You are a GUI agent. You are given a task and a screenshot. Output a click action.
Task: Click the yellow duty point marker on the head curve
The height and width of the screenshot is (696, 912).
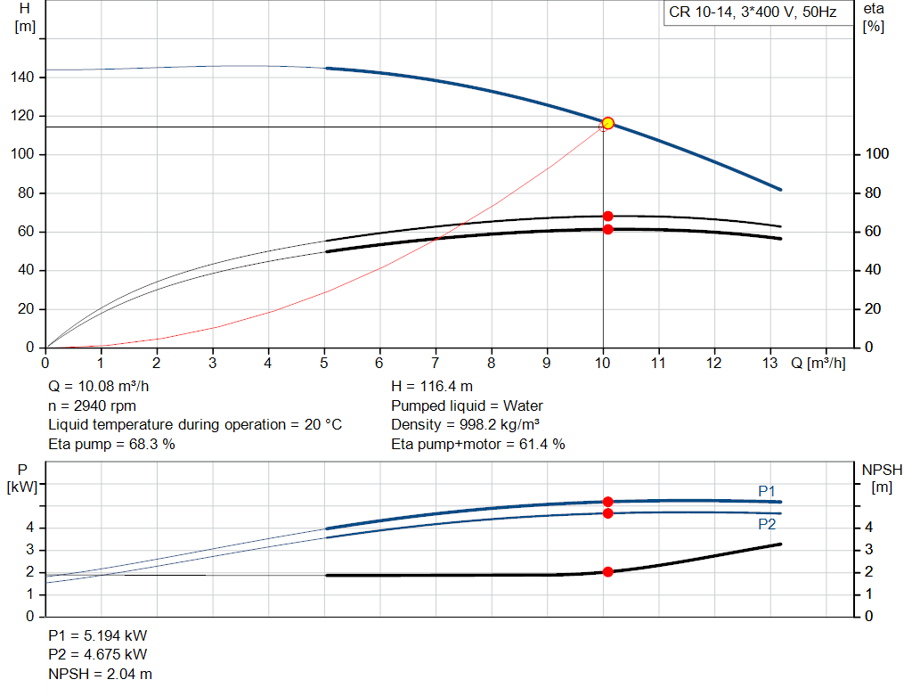pos(607,123)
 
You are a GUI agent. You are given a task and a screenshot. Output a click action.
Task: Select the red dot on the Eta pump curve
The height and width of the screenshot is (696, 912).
pos(607,217)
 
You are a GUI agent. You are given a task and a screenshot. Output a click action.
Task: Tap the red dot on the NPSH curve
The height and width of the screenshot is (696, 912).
pos(607,572)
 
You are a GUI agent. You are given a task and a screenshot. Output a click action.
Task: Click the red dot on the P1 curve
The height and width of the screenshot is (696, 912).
pos(607,502)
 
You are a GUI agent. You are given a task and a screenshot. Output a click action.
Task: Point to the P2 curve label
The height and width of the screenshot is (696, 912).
pos(767,525)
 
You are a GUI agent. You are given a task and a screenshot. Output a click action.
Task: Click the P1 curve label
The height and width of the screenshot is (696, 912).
pos(767,491)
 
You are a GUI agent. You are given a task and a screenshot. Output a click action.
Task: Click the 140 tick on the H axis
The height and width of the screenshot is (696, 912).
pos(24,78)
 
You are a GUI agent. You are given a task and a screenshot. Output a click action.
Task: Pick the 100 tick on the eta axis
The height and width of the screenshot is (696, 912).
pos(877,155)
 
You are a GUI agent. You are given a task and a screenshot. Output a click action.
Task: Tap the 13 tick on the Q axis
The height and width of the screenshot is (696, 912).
pos(770,364)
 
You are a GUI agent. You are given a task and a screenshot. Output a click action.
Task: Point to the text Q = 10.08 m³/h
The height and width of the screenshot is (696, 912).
pos(98,387)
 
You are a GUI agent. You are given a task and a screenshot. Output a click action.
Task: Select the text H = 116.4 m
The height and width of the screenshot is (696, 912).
pos(432,387)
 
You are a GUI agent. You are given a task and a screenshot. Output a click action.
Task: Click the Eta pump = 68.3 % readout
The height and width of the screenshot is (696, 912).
pos(111,444)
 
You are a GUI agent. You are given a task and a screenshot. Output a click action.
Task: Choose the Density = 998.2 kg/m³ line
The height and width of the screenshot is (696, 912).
pos(466,425)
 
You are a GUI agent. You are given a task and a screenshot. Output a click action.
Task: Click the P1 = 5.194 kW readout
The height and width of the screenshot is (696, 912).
pos(98,636)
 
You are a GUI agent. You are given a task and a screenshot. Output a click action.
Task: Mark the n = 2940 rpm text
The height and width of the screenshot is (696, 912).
pos(92,405)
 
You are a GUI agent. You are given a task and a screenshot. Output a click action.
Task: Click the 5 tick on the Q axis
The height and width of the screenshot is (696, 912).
pos(324,364)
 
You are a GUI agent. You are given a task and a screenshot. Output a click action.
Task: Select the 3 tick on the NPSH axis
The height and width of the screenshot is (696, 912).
pos(873,550)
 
